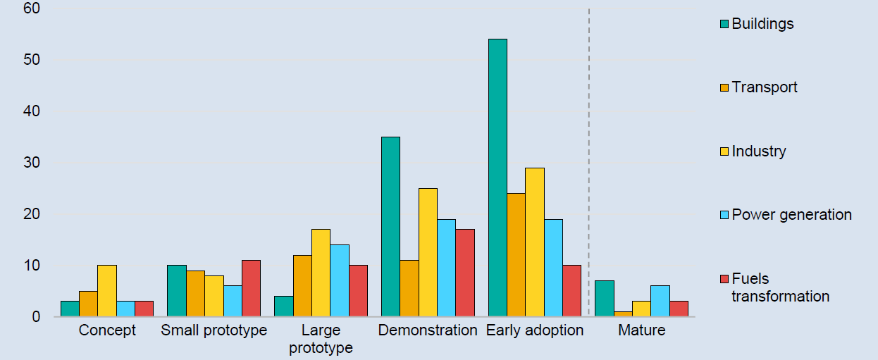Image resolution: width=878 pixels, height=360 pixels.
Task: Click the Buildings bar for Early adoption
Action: (497, 178)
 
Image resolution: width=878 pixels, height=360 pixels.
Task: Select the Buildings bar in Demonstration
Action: (390, 226)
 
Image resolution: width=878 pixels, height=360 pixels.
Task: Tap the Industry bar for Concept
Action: (107, 291)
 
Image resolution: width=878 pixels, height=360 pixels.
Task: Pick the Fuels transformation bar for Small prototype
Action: (252, 288)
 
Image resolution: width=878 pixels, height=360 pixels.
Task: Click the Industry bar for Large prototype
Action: (321, 273)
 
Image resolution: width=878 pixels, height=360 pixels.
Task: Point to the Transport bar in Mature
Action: (623, 314)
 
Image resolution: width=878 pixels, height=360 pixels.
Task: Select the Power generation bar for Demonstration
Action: (447, 268)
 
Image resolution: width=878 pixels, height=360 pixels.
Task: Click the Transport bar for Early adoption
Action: (516, 254)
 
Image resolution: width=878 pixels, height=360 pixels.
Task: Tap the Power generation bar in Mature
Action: (660, 301)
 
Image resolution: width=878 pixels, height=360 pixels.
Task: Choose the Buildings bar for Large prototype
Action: (284, 306)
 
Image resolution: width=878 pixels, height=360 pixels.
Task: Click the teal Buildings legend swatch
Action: (724, 24)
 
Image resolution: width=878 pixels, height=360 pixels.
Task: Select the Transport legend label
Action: (765, 87)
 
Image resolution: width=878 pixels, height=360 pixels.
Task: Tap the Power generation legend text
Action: (792, 215)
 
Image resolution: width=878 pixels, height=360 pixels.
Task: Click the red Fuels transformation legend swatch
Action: (724, 279)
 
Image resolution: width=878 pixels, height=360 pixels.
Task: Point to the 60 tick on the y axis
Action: (32, 8)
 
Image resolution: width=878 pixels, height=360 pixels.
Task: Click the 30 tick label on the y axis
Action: (32, 163)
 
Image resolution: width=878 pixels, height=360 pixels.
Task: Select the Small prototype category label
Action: (214, 330)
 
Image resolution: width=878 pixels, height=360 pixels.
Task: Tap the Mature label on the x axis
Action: (642, 330)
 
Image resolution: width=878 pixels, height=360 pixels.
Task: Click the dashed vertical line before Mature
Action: (588, 162)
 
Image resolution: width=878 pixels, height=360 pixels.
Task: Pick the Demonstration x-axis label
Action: (428, 330)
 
